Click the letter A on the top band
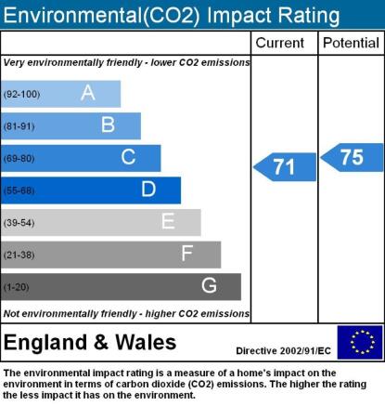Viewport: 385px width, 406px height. pyautogui.click(x=88, y=93)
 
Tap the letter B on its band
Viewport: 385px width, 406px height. pyautogui.click(x=108, y=124)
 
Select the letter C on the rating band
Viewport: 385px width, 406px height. pyautogui.click(x=128, y=157)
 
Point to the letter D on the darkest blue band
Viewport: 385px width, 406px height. pyautogui.click(x=148, y=189)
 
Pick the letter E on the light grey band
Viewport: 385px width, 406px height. pyautogui.click(x=168, y=221)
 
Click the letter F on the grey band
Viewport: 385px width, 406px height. pyautogui.click(x=187, y=254)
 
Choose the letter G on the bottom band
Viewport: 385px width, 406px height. pyautogui.click(x=209, y=285)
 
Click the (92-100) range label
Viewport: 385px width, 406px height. pyautogui.click(x=21, y=94)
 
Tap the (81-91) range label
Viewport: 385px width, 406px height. pyautogui.click(x=19, y=126)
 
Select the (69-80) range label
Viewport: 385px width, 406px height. pyautogui.click(x=19, y=159)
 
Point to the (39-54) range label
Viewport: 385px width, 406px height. pyautogui.click(x=19, y=223)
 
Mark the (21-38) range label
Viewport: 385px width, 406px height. pyautogui.click(x=19, y=255)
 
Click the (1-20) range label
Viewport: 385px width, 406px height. pyautogui.click(x=16, y=287)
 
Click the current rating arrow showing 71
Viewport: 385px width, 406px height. pyautogui.click(x=285, y=167)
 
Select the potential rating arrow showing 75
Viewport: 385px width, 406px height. pyautogui.click(x=352, y=157)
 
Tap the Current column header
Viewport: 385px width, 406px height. pyautogui.click(x=280, y=43)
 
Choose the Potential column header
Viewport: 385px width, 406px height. pyautogui.click(x=351, y=43)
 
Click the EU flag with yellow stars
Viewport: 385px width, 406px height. pyautogui.click(x=360, y=342)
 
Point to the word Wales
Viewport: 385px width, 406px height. pyautogui.click(x=146, y=343)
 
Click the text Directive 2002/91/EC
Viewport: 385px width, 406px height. pyautogui.click(x=283, y=351)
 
